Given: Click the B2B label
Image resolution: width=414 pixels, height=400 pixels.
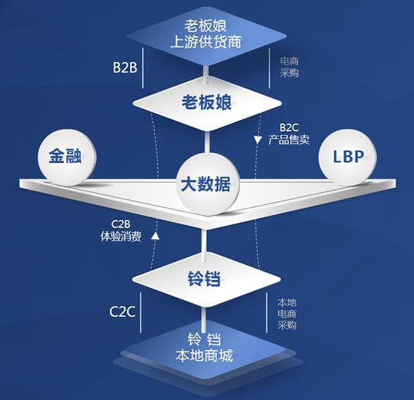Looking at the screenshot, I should coord(125,68).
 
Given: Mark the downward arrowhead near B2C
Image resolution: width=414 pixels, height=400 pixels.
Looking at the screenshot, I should coord(257,140).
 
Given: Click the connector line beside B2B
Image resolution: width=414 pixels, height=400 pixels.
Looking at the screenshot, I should coord(205,69).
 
